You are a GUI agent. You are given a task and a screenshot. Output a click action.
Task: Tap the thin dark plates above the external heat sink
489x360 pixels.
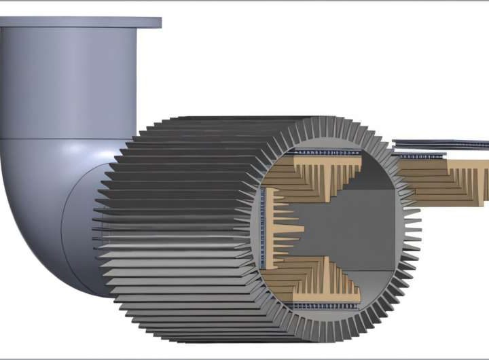coord(441,144)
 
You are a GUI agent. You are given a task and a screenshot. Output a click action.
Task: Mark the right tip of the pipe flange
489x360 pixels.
coord(160,23)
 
